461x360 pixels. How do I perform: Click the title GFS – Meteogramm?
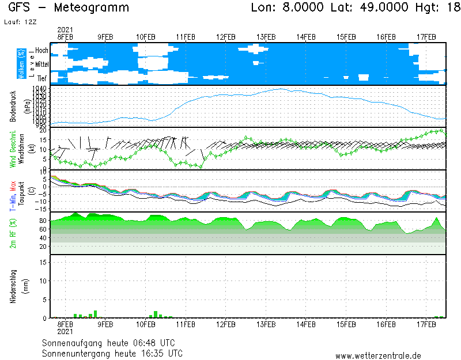point(69,8)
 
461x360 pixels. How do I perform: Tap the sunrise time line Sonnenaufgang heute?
point(112,343)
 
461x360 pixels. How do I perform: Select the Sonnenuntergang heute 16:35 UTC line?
point(112,353)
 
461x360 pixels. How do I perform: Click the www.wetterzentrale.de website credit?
point(378,356)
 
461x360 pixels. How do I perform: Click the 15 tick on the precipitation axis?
point(43,262)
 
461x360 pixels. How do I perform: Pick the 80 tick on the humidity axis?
point(43,221)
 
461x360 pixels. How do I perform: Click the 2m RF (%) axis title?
point(13,233)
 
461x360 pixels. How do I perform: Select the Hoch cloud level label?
point(41,51)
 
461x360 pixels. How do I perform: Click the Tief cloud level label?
point(41,78)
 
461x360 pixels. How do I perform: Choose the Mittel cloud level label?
point(41,65)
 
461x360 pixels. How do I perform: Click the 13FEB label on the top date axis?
point(266,37)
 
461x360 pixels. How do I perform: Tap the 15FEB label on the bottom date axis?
point(346,325)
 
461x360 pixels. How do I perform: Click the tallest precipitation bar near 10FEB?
point(156,314)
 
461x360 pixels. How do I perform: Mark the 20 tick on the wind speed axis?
point(43,131)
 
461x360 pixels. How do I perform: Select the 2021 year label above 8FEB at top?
point(65,29)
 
